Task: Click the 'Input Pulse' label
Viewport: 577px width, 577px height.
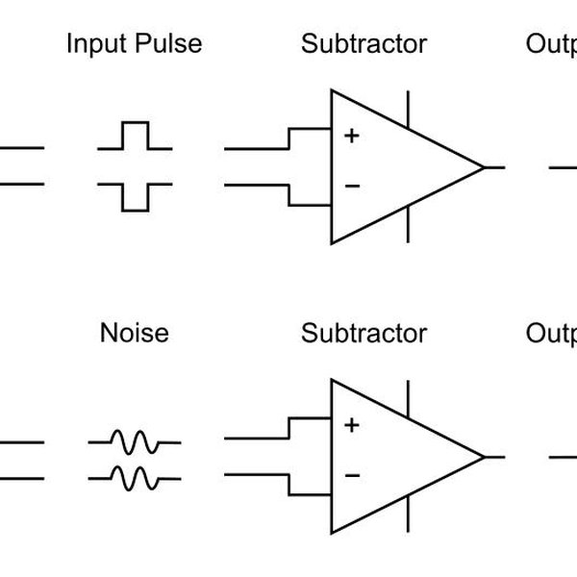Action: tap(134, 44)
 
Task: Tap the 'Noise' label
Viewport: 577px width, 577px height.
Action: tap(134, 334)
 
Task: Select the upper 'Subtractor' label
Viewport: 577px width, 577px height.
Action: tap(364, 44)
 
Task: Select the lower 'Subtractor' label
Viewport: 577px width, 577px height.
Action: tap(364, 334)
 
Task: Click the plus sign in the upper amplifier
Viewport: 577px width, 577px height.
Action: tap(352, 137)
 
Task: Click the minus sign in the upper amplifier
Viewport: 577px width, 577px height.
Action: tap(352, 184)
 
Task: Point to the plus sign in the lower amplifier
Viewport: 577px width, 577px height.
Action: tap(352, 425)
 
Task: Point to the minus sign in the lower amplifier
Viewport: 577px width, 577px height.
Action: tap(352, 473)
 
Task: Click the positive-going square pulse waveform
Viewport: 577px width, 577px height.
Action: tap(135, 137)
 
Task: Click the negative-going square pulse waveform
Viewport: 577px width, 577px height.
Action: tap(135, 195)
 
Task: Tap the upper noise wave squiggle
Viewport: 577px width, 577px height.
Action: tap(135, 442)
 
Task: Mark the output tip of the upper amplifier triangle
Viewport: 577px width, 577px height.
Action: tap(484, 167)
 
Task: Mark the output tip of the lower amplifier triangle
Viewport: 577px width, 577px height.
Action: tap(484, 456)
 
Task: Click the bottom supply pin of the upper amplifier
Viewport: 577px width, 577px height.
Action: tap(411, 224)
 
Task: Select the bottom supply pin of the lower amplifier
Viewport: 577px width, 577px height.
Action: tap(411, 513)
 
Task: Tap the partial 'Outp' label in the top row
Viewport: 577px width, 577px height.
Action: tap(551, 45)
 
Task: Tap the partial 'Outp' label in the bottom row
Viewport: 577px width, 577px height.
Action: tap(551, 335)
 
